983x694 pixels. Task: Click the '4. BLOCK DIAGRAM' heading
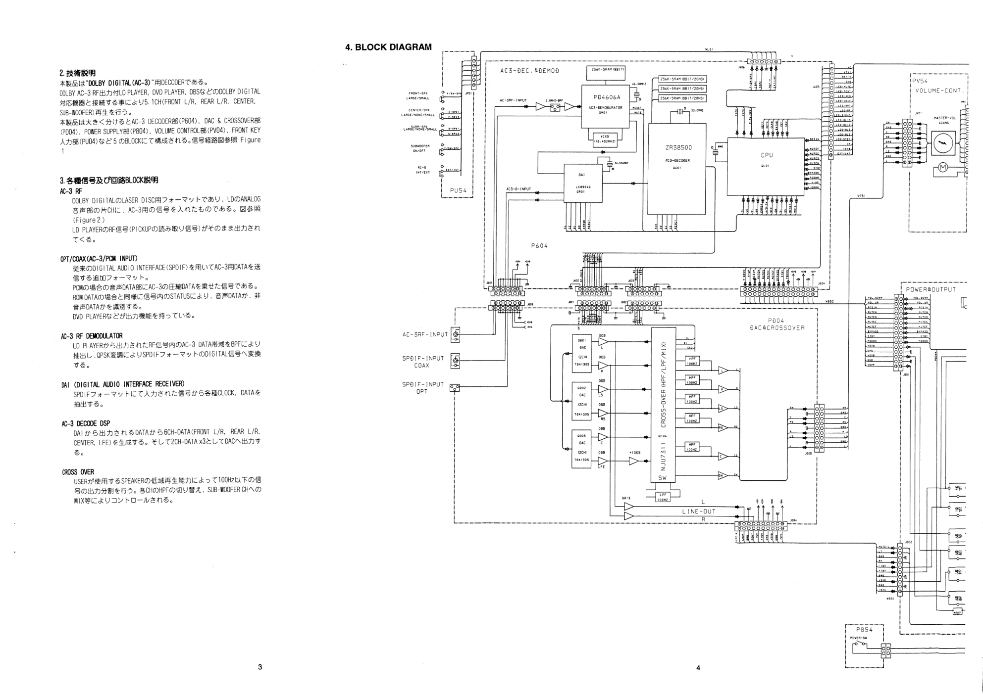[x=388, y=47]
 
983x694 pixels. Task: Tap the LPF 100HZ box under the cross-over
[x=663, y=497]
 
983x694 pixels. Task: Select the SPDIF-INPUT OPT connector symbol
[x=455, y=388]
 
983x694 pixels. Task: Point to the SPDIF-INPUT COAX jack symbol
[x=455, y=362]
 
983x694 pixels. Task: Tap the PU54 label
[x=458, y=190]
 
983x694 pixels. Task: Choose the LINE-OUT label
[x=698, y=511]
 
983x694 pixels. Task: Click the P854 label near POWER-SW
[x=864, y=630]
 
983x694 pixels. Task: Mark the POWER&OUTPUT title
[x=931, y=289]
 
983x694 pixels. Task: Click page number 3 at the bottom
[x=260, y=667]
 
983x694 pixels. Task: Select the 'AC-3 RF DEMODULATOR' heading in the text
[x=92, y=336]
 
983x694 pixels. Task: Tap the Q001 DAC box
[x=582, y=352]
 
